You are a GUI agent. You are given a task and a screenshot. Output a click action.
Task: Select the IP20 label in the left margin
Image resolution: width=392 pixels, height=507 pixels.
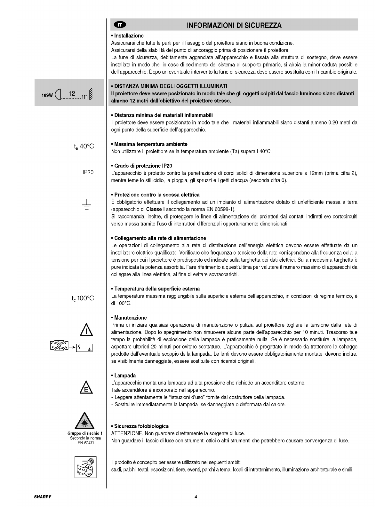pyautogui.click(x=88, y=172)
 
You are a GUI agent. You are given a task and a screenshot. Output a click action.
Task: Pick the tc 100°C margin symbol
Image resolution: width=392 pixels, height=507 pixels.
pyautogui.click(x=83, y=298)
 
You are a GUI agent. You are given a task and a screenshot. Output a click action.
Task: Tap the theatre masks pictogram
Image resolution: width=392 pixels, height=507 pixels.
pyautogui.click(x=85, y=468)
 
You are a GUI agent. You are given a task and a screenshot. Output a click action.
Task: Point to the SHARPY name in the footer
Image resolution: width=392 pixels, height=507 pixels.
pyautogui.click(x=43, y=497)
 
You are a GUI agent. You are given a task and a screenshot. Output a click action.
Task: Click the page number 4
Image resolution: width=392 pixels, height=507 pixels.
pyautogui.click(x=196, y=497)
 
